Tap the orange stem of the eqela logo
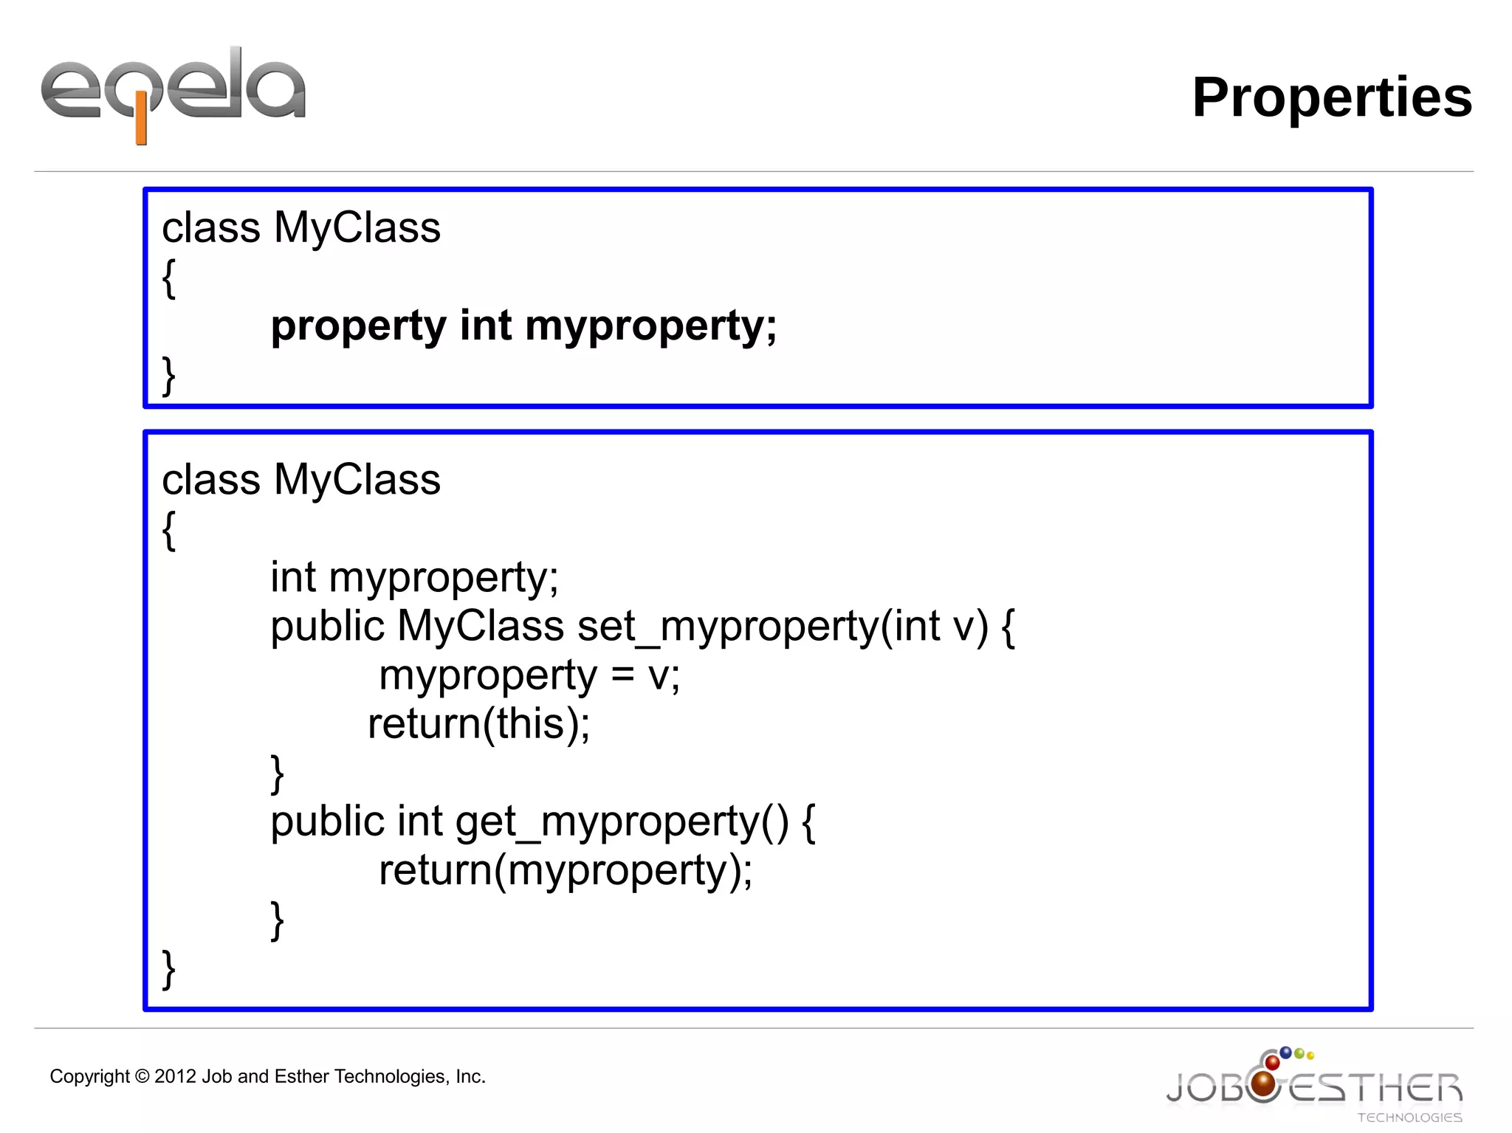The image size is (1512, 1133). (141, 125)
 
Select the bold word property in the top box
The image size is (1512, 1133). (358, 327)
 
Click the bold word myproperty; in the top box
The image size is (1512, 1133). (650, 327)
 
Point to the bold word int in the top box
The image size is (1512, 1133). (485, 326)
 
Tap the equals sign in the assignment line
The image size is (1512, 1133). (622, 675)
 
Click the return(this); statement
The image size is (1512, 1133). (478, 724)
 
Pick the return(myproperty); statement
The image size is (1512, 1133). (565, 871)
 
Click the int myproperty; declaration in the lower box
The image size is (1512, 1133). (414, 578)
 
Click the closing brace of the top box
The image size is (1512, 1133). (169, 376)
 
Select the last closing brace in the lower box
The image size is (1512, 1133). (169, 968)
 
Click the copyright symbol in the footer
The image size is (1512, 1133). (142, 1077)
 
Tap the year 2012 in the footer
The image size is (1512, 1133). (176, 1077)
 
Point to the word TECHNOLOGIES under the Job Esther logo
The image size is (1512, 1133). (1409, 1117)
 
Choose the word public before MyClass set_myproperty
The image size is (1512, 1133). (327, 627)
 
